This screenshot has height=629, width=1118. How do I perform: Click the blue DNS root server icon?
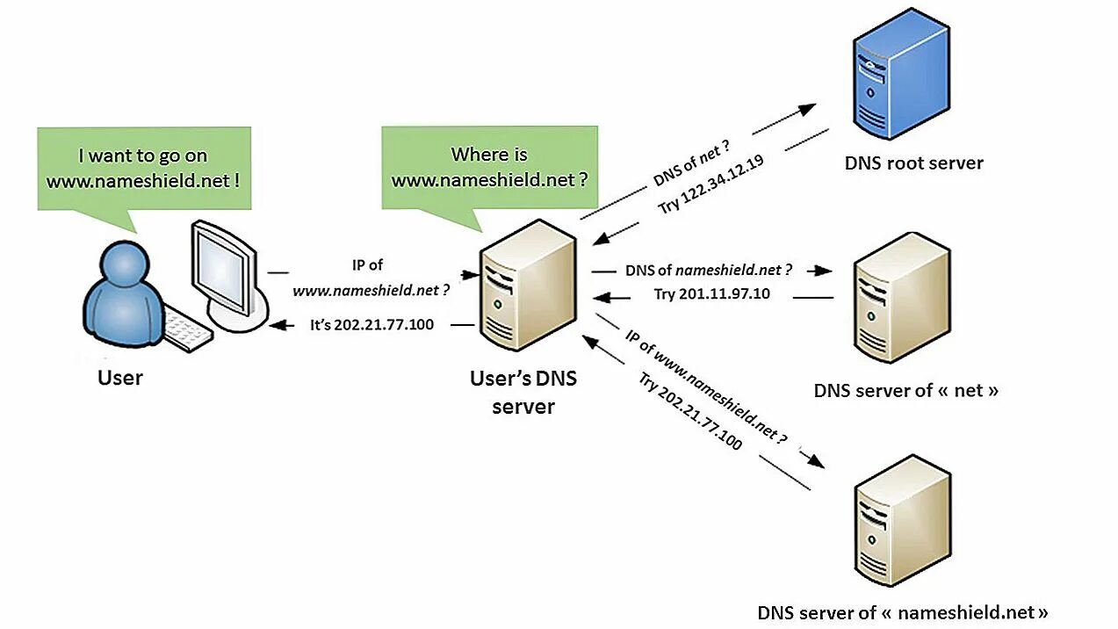pyautogui.click(x=901, y=73)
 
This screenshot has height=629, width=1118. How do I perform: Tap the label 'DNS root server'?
pyautogui.click(x=914, y=163)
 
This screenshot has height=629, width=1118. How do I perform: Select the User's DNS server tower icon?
pyautogui.click(x=528, y=285)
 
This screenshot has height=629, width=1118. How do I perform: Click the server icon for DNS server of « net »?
pyautogui.click(x=902, y=298)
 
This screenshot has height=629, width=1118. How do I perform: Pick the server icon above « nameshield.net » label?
pyautogui.click(x=902, y=520)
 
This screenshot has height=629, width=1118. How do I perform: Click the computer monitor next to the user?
pyautogui.click(x=230, y=276)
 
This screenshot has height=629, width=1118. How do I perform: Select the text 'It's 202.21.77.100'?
pyautogui.click(x=371, y=325)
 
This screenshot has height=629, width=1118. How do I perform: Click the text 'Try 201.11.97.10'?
pyautogui.click(x=712, y=293)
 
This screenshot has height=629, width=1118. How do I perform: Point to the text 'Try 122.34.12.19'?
pyautogui.click(x=710, y=184)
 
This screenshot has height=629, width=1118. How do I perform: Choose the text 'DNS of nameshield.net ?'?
pyautogui.click(x=708, y=270)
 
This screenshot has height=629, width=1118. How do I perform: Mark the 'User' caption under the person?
pyautogui.click(x=120, y=378)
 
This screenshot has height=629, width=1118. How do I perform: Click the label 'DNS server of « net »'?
pyautogui.click(x=905, y=390)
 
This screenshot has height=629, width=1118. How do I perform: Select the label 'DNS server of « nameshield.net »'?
pyautogui.click(x=903, y=612)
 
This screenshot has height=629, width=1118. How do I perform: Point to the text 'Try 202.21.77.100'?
pyautogui.click(x=690, y=411)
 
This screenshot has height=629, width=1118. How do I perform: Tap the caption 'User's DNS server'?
pyautogui.click(x=523, y=393)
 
